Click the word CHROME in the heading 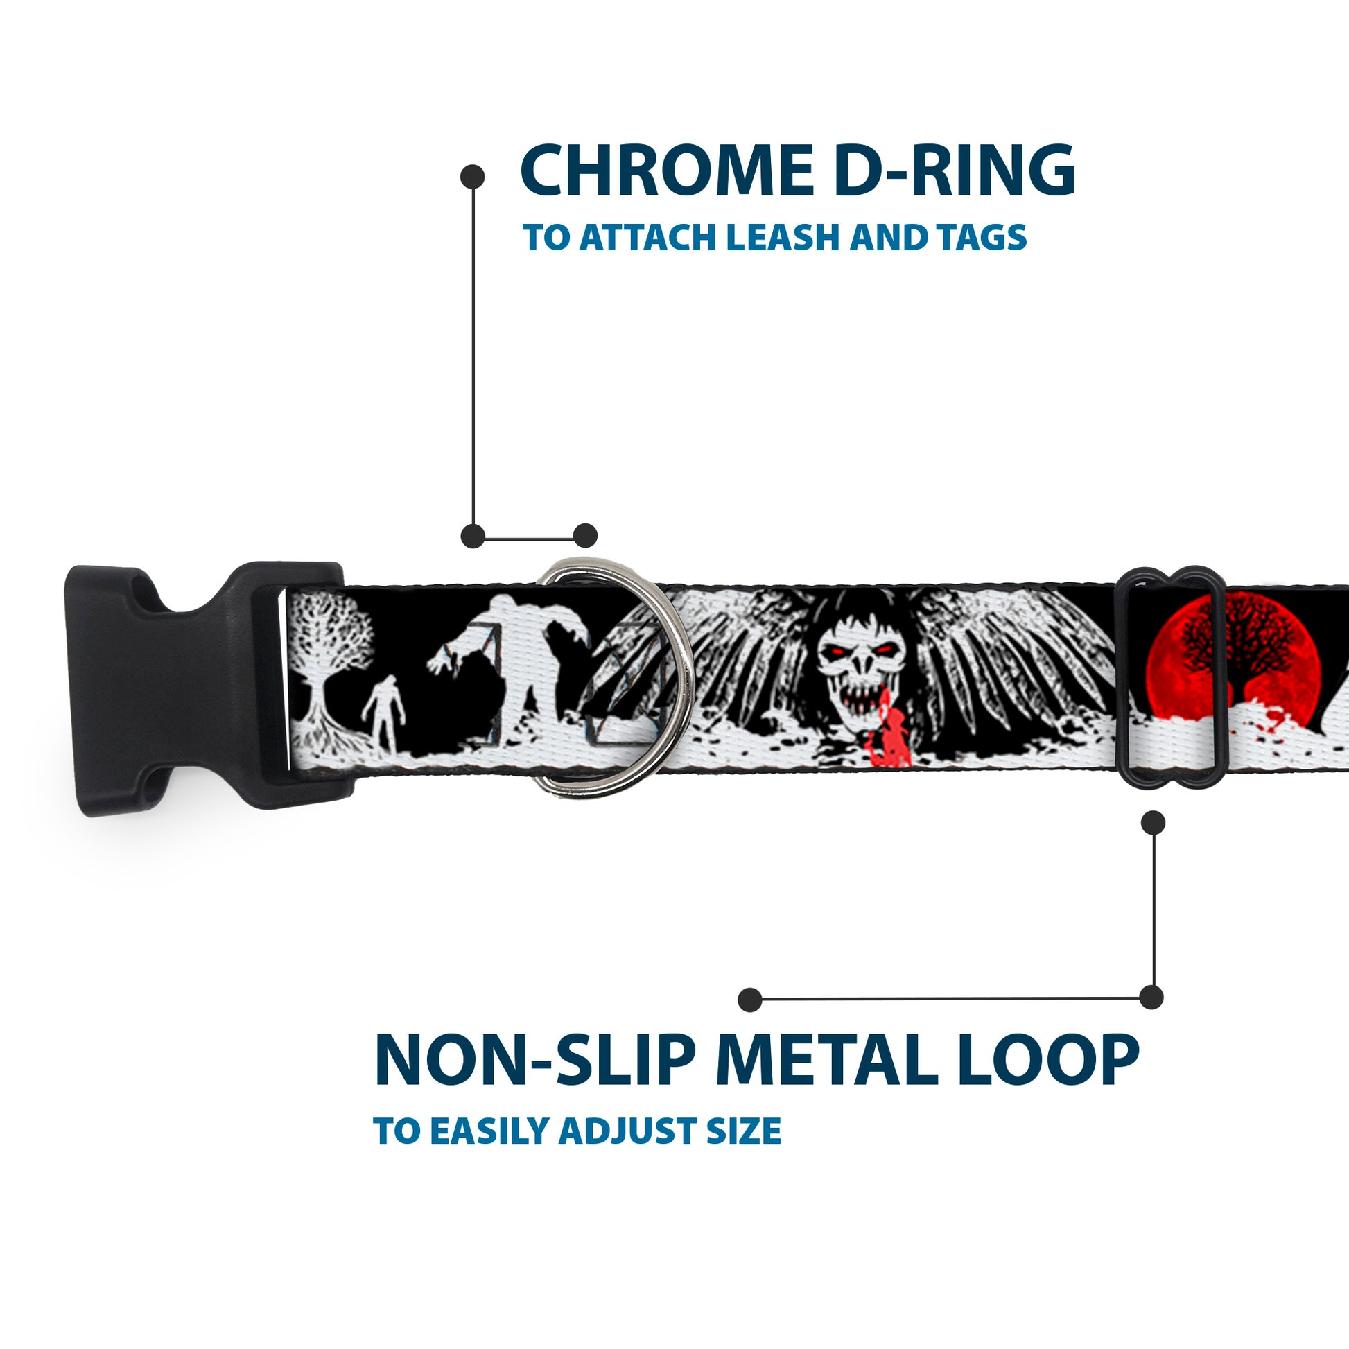661,171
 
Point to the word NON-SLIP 532,1061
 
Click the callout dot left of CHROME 473,176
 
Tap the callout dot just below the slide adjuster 1153,823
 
